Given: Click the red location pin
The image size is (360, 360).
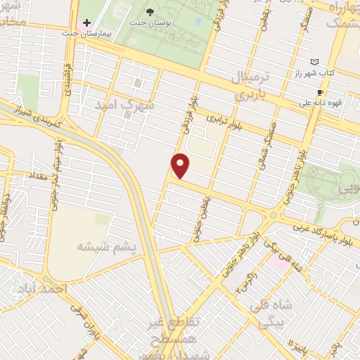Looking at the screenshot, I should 181,166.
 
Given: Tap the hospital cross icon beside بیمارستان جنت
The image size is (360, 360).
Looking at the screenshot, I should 86,23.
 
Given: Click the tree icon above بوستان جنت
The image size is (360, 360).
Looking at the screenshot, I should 150,11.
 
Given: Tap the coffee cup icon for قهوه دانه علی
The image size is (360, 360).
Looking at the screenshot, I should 321,92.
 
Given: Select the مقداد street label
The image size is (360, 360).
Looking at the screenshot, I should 37,173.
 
